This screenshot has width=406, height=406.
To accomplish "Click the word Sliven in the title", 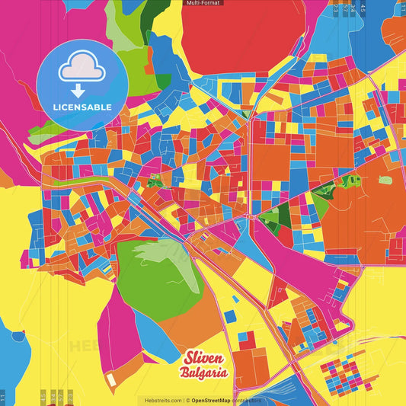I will click(203, 358).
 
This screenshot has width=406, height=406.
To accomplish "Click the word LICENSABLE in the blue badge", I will click(83, 106).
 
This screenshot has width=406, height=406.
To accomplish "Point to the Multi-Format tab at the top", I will click(203, 3).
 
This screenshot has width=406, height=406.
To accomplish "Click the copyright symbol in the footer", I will click(187, 400).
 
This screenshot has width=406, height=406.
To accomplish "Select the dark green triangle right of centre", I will click(281, 217).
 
